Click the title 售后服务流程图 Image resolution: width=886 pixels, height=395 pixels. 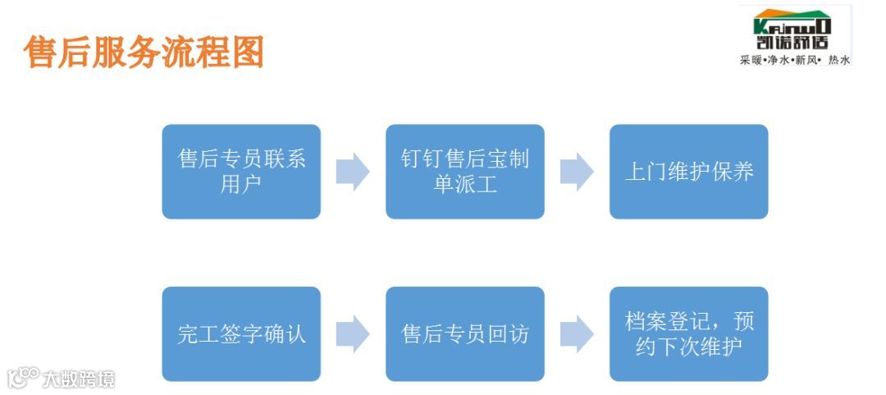pyautogui.click(x=144, y=52)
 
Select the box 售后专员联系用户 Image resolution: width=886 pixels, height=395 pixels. pyautogui.click(x=241, y=172)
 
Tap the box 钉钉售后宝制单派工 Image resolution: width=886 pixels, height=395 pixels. pyautogui.click(x=465, y=172)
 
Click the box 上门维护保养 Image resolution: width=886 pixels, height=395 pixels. pyautogui.click(x=688, y=172)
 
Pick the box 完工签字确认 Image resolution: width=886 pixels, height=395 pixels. pyautogui.click(x=241, y=333)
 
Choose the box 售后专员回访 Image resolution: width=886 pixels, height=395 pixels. pyautogui.click(x=465, y=333)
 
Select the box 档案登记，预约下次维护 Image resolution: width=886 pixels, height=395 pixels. pyautogui.click(x=688, y=333)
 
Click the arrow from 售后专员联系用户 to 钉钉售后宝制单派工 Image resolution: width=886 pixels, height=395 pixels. pyautogui.click(x=353, y=172)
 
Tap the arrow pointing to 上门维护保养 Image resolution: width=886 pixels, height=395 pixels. pyautogui.click(x=577, y=172)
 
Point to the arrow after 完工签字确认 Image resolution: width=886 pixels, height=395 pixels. pyautogui.click(x=353, y=333)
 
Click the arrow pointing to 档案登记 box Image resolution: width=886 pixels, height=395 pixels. pyautogui.click(x=577, y=333)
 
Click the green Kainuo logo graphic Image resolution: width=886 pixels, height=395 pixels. pyautogui.click(x=792, y=20)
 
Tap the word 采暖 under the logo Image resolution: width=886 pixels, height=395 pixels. pyautogui.click(x=751, y=60)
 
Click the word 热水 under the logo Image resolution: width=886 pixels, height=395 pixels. pyautogui.click(x=838, y=60)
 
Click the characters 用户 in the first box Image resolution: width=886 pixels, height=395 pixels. pyautogui.click(x=241, y=185)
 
